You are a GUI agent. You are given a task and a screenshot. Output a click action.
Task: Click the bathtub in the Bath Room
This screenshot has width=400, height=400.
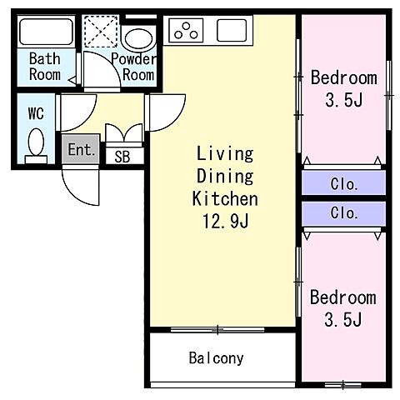(x=46, y=32)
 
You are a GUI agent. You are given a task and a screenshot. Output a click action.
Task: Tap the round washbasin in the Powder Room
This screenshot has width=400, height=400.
(x=138, y=39)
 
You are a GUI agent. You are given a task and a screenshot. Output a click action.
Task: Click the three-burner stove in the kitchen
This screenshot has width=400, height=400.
(x=186, y=31)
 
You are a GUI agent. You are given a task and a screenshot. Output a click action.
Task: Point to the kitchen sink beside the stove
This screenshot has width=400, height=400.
(x=232, y=30)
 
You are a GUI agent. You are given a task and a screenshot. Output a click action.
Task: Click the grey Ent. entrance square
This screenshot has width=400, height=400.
(x=81, y=149)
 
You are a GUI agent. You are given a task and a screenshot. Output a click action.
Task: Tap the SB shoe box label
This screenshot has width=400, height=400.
(x=122, y=157)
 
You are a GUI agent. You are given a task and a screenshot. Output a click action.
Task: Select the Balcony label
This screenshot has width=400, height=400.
(x=216, y=358)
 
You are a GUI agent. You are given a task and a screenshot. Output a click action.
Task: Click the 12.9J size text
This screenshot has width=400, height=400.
(x=226, y=222)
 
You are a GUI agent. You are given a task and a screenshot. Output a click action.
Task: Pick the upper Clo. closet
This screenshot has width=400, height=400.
(x=344, y=182)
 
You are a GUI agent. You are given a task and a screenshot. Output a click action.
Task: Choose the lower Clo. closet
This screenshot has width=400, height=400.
(x=344, y=213)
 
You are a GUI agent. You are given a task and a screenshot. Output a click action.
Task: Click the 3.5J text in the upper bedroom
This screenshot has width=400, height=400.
(x=344, y=100)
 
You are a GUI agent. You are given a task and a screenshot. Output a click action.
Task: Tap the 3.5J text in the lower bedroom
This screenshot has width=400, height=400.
(x=343, y=319)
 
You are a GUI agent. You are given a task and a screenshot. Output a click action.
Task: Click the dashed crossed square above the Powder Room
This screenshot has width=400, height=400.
(x=101, y=32)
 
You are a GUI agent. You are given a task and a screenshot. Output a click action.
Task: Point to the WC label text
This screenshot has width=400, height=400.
(x=36, y=113)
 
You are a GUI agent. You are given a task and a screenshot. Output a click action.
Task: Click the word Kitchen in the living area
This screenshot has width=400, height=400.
(x=225, y=198)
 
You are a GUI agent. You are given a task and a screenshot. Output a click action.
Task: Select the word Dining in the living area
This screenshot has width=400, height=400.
(x=225, y=176)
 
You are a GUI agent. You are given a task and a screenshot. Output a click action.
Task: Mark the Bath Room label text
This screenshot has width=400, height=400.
(x=45, y=67)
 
